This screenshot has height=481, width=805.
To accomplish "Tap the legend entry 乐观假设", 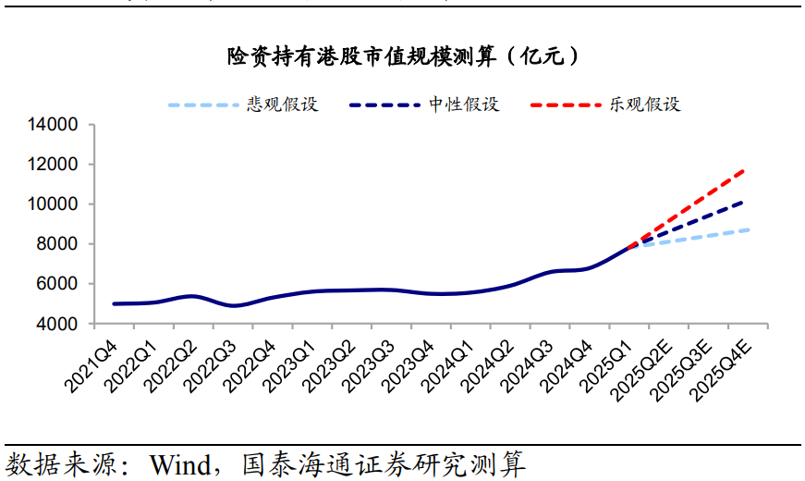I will point(644,105).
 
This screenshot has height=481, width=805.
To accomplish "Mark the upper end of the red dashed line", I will point(745,170).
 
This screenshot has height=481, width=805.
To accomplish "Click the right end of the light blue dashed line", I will point(748,229).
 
